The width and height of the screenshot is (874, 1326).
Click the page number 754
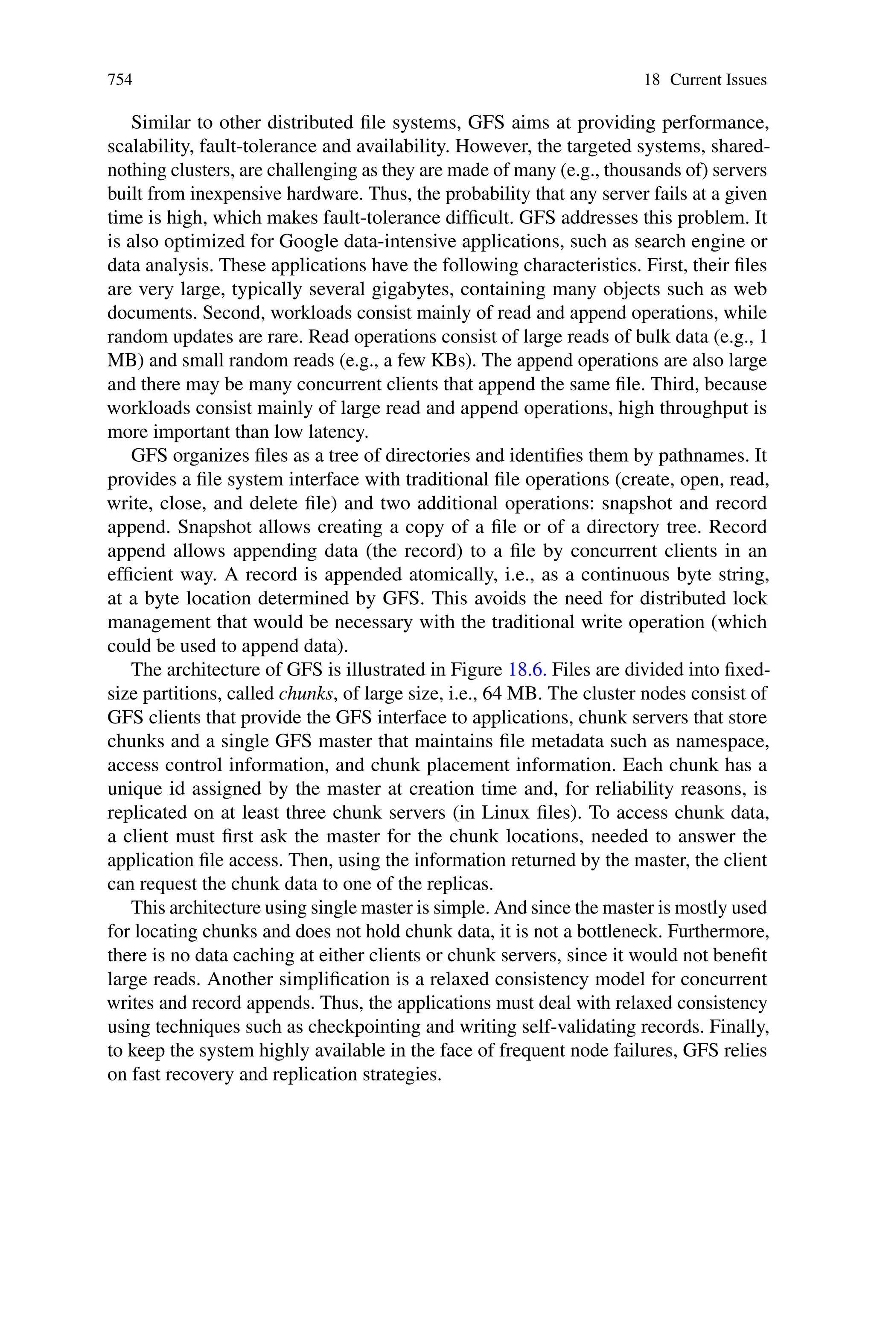pyautogui.click(x=120, y=80)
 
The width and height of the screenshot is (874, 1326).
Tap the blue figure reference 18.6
pyautogui.click(x=527, y=669)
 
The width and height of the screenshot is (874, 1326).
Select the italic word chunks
pyautogui.click(x=306, y=693)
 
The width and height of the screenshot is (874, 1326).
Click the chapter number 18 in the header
pyautogui.click(x=652, y=80)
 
